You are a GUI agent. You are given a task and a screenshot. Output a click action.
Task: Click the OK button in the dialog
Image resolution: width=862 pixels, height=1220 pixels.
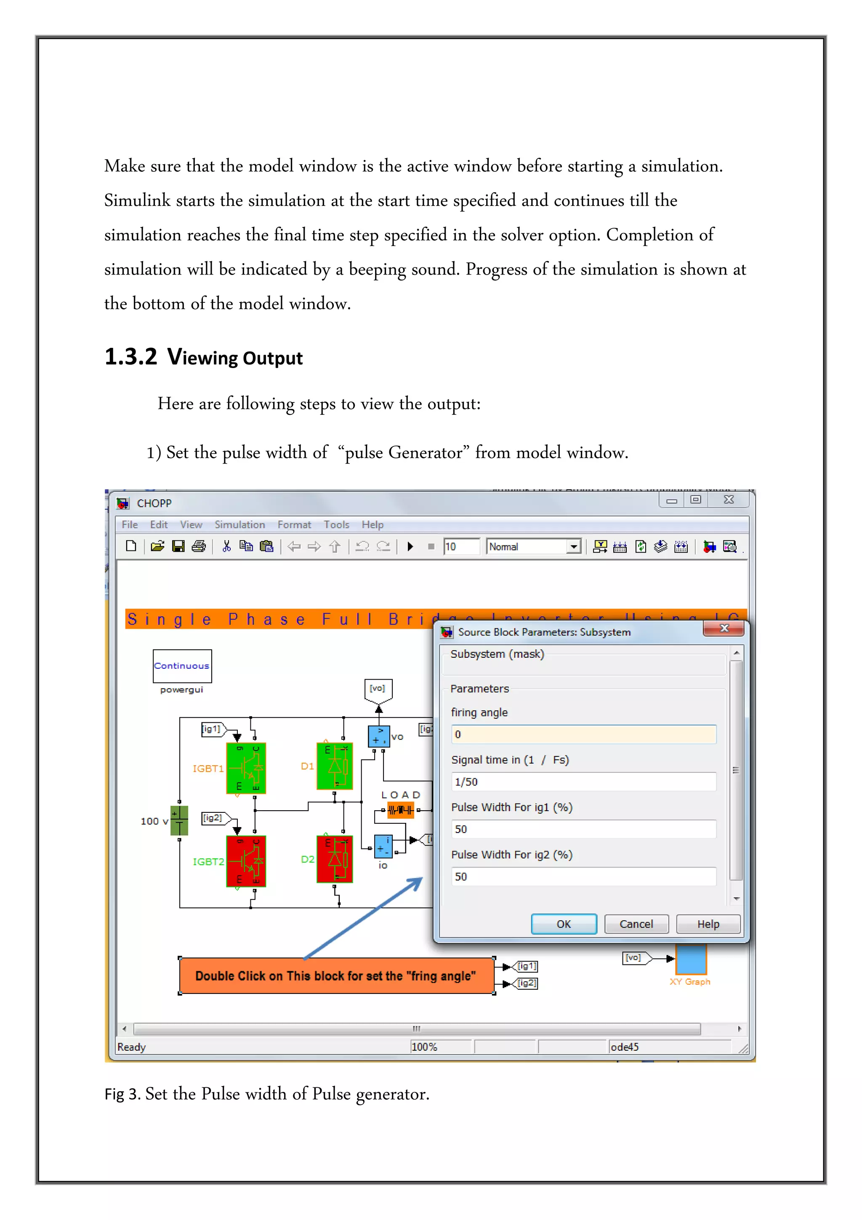coord(564,924)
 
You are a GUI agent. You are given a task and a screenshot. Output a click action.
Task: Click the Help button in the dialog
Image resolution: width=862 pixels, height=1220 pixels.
coord(708,924)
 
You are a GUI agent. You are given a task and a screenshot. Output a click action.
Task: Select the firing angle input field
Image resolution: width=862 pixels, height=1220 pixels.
coord(583,734)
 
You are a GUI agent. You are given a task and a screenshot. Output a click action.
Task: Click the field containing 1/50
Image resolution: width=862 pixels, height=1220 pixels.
coord(583,782)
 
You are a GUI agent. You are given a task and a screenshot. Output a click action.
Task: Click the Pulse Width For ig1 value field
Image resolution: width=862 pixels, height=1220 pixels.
coord(583,829)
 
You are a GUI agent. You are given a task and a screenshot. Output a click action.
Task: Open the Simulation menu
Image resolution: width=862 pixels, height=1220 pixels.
coord(239,524)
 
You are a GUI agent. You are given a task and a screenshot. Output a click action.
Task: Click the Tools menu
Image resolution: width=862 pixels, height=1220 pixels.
coord(336,524)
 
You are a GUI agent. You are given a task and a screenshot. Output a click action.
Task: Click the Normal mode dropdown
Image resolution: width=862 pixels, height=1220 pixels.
coord(534,546)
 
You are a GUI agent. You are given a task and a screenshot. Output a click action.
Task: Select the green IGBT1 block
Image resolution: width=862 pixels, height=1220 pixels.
coord(246,768)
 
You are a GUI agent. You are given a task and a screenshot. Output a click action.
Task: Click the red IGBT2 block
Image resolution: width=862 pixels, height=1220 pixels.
coord(246,861)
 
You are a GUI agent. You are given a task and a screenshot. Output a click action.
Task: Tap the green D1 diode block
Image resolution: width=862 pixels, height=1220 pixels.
coord(335,766)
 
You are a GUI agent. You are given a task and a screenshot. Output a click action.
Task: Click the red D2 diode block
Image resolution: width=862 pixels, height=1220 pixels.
coord(335,859)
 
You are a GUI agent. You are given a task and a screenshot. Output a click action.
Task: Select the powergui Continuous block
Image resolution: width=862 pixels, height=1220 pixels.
coord(182,666)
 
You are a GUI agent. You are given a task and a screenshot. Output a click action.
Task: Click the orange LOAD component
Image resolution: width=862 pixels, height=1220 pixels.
coord(400,810)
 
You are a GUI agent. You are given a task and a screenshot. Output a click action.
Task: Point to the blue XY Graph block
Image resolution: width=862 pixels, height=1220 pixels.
coord(691,959)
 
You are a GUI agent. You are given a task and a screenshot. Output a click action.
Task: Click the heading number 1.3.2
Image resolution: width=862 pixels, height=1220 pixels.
coord(130,357)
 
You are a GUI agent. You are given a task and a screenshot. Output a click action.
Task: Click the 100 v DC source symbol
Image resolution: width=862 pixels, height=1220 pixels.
coord(179,820)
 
